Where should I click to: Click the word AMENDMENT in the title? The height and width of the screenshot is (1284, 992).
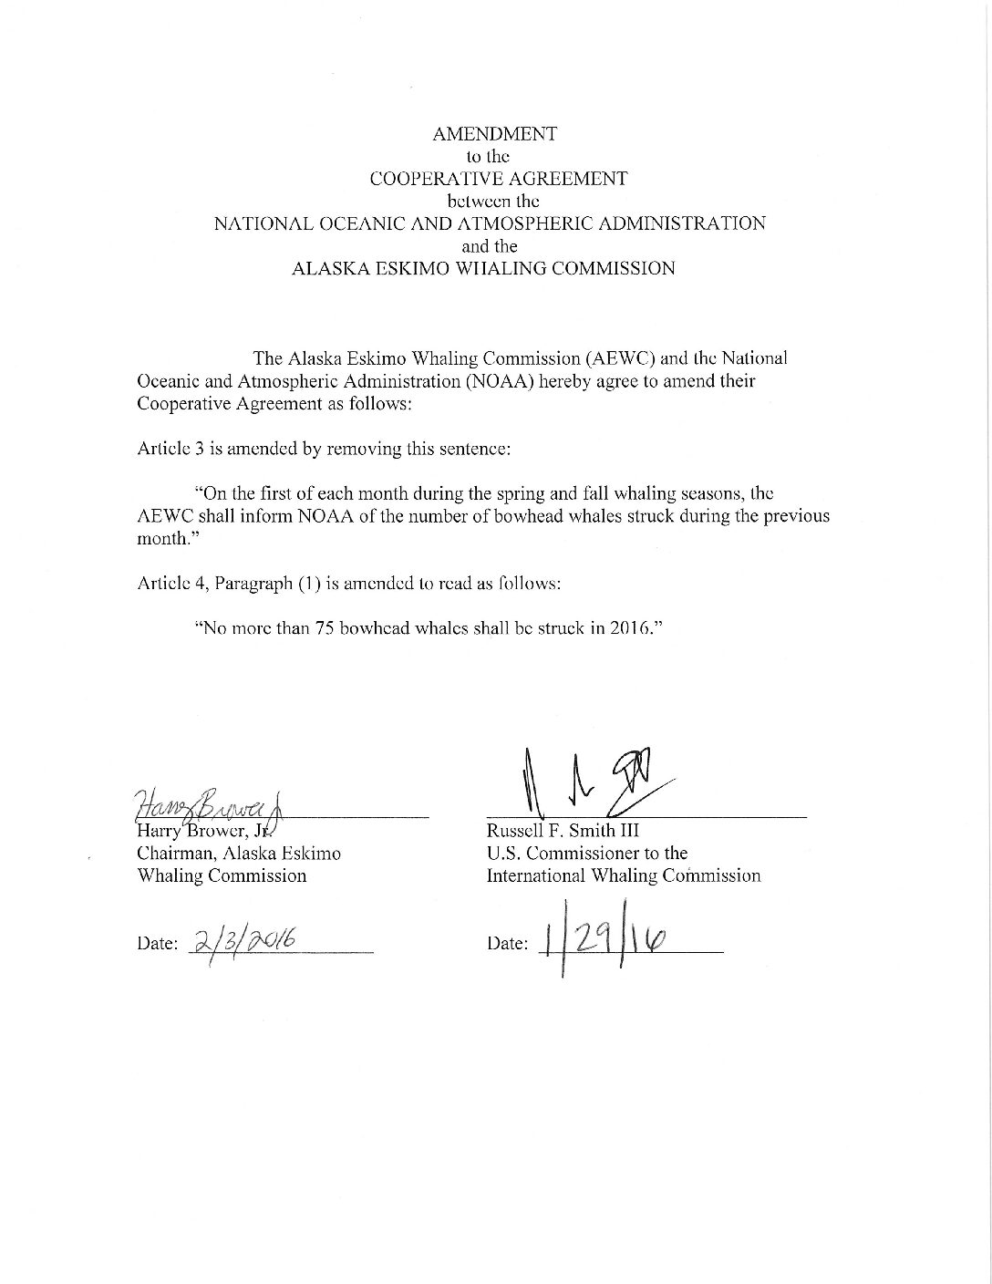click(x=494, y=133)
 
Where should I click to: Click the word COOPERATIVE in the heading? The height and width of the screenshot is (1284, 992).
click(x=425, y=179)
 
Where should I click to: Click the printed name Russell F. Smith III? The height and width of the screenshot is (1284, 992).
click(x=563, y=831)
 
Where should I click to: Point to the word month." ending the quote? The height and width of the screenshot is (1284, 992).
click(x=162, y=538)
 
